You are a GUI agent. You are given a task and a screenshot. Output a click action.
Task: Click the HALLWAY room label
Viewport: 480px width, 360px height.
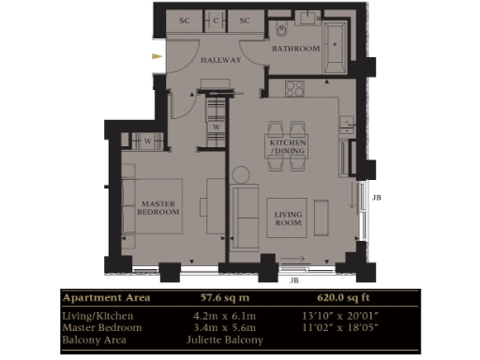tap(221, 60)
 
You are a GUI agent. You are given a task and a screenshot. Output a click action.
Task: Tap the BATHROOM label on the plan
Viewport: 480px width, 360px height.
tap(295, 48)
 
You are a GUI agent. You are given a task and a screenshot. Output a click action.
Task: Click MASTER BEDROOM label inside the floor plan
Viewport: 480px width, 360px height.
tap(159, 207)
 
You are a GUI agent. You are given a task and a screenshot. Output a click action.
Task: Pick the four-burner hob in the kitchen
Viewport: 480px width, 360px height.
tap(293, 91)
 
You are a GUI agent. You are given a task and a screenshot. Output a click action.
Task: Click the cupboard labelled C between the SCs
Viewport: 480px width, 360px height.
tap(216, 20)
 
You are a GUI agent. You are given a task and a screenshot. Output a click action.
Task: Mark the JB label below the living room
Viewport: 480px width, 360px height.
tap(293, 279)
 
